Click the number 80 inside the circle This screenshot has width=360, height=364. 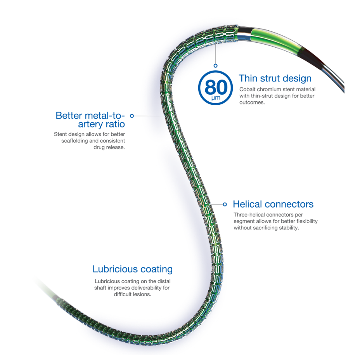pyautogui.click(x=216, y=87)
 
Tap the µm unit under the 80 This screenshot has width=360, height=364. pyautogui.click(x=216, y=98)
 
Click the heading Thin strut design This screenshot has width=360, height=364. pyautogui.click(x=275, y=78)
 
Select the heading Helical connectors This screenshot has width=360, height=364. pyautogui.click(x=273, y=204)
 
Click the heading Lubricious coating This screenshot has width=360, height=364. pyautogui.click(x=133, y=269)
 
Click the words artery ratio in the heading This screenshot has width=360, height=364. pyautogui.click(x=101, y=124)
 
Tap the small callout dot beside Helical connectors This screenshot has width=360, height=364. pyautogui.click(x=225, y=205)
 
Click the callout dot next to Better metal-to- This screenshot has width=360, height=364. pyautogui.click(x=132, y=116)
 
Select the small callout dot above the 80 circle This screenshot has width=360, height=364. pyautogui.click(x=216, y=66)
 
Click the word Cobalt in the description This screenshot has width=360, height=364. pyautogui.click(x=247, y=89)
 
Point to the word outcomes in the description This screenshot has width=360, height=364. pyautogui.click(x=252, y=102)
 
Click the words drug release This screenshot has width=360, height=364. pyautogui.click(x=109, y=147)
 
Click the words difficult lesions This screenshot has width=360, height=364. pyautogui.click(x=133, y=294)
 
